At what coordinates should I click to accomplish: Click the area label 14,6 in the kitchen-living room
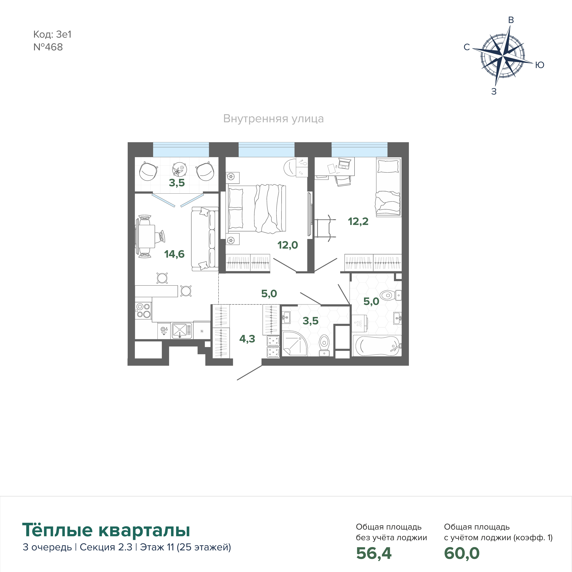174,254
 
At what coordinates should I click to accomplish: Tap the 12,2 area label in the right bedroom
358,221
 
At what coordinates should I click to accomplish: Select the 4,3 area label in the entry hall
247,339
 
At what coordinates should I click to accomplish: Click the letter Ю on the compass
540,65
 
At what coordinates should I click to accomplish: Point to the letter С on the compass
467,47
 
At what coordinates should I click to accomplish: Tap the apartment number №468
48,47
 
